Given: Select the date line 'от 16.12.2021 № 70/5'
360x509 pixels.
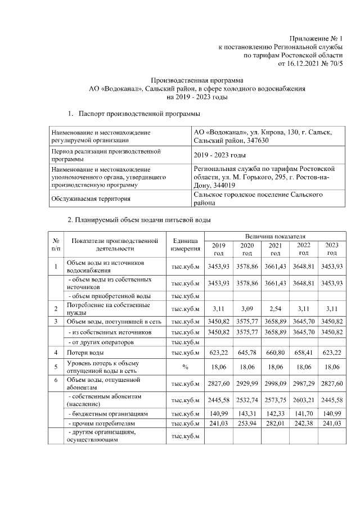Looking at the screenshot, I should (x=310, y=64).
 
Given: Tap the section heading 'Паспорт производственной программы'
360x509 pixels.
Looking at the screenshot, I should (x=139, y=114).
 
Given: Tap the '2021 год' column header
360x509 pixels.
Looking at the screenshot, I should (x=275, y=249).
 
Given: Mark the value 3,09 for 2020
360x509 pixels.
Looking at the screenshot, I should (x=247, y=308).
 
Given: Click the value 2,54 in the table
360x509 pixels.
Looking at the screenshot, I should (x=275, y=308).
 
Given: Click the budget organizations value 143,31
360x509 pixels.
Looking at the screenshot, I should (x=247, y=412).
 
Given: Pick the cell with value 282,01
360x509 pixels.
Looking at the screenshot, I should (x=275, y=422).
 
